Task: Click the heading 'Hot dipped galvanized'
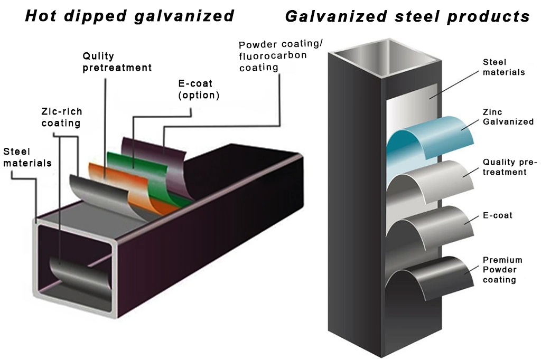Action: point(129,15)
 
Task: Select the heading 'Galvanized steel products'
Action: point(407,16)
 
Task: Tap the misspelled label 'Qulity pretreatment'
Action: point(117,62)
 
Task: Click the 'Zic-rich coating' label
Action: point(61,117)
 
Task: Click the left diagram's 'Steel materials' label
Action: point(27,157)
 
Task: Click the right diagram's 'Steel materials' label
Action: point(503,67)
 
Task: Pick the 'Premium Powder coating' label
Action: point(502,270)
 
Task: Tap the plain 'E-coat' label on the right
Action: point(497,215)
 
